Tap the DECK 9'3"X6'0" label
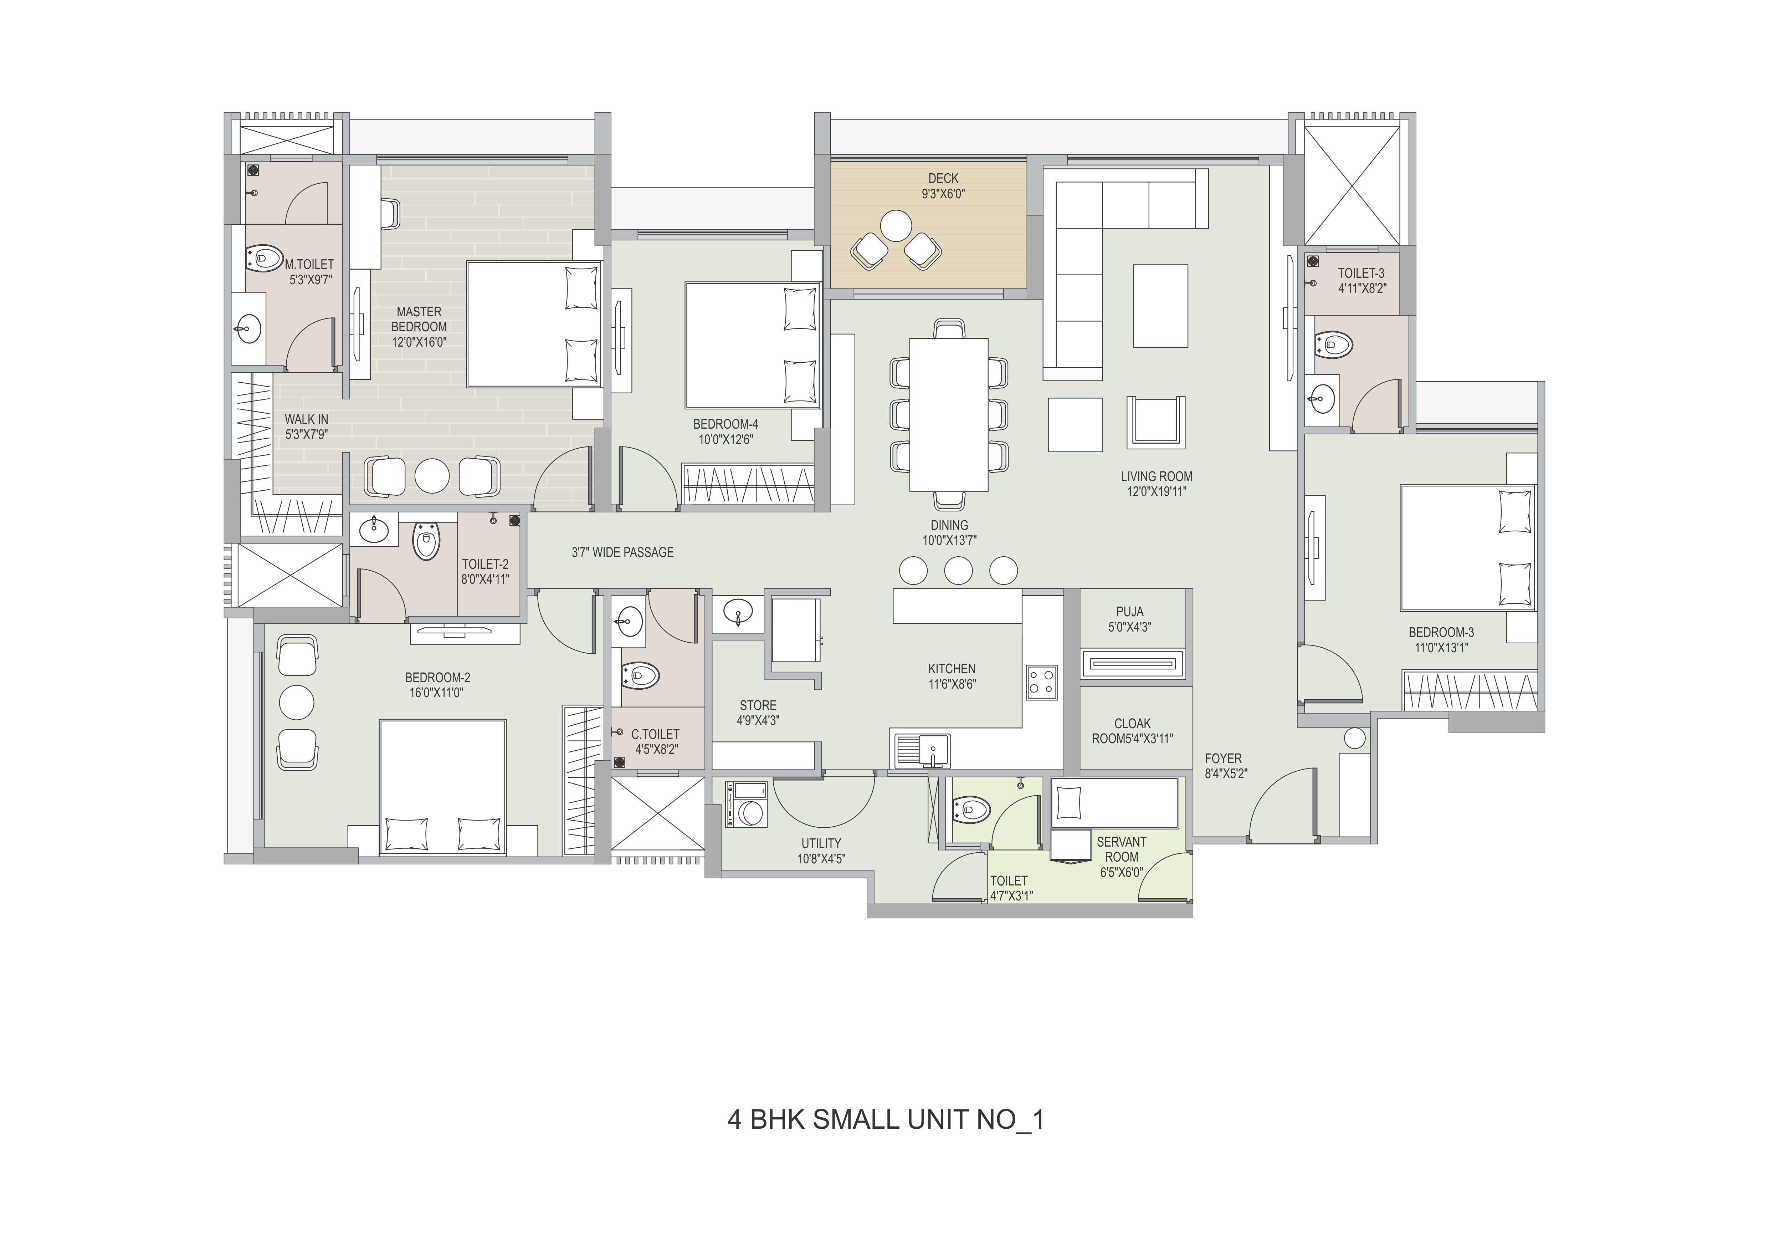943,186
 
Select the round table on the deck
896,226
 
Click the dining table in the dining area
948,414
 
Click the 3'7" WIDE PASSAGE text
622,552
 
